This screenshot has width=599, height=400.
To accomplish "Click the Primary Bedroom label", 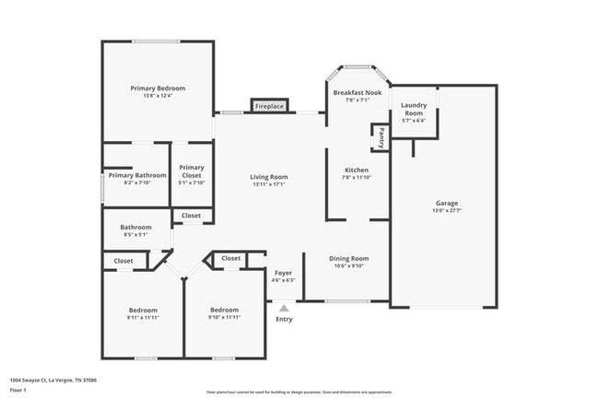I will pos(157,88).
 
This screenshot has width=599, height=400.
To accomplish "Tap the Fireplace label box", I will pos(269,107).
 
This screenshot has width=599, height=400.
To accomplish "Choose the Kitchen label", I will pos(357,171).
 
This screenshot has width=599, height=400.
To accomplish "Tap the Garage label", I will pos(447,203).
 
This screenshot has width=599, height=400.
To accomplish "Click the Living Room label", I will pos(269,177).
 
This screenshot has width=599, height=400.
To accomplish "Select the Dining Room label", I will pos(349,259).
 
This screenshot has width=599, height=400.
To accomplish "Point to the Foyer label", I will pos(284,273).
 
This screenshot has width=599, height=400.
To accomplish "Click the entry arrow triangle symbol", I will pos(284,308).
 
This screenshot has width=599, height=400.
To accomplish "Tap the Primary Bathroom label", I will pos(137,175).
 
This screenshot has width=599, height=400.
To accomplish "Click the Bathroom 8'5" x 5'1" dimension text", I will pos(135,235).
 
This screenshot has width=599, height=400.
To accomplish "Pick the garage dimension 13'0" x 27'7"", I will pos(447,211).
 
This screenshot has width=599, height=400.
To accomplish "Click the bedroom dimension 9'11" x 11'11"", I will pos(143,317).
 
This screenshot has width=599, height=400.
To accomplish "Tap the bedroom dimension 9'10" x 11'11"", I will pos(224,317).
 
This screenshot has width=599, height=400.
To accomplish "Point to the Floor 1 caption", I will pos(18,390).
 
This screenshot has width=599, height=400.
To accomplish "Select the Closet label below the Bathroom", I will pos(123,261).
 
